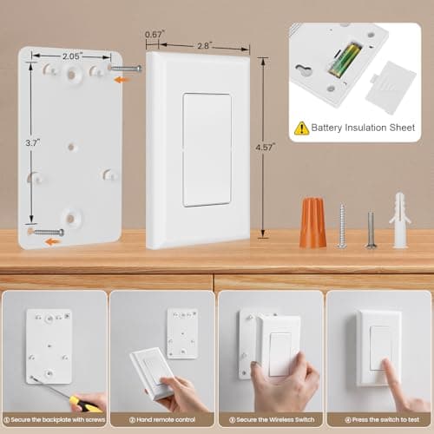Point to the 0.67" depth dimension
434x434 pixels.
(155, 36)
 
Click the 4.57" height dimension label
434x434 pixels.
(266, 148)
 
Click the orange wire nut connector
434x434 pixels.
(310, 222)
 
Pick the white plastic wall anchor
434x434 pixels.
(399, 221)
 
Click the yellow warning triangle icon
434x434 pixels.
(301, 128)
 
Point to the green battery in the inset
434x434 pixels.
(344, 62)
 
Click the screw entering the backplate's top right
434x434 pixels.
(127, 68)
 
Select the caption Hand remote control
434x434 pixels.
(164, 420)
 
